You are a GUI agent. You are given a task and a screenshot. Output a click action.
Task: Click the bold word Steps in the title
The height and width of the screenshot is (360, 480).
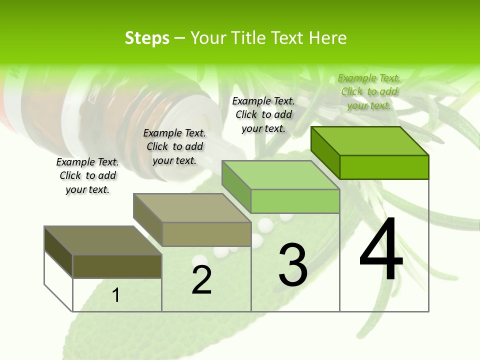point(147,38)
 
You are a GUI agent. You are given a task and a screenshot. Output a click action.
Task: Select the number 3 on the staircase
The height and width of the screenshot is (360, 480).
point(293,265)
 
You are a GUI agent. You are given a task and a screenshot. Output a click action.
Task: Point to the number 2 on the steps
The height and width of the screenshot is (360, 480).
point(201,280)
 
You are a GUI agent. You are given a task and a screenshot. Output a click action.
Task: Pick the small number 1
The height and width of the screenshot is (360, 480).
point(116,295)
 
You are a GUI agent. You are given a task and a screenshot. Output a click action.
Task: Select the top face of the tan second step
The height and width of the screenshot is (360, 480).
point(192,208)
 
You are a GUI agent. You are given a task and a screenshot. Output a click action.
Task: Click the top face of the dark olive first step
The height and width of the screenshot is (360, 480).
point(103,240)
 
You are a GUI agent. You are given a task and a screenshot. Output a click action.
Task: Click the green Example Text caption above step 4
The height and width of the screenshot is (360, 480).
point(369,91)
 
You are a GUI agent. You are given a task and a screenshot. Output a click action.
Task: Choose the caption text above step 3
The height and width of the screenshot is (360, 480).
point(263,114)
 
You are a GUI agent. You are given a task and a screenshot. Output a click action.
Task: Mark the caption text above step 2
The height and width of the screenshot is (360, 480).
point(174,146)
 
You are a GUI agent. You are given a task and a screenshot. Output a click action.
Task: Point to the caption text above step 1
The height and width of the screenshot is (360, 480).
point(87,175)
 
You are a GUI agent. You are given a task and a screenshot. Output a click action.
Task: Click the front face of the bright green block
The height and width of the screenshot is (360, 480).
point(384,167)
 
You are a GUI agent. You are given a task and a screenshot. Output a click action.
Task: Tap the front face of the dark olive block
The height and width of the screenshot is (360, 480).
point(117,266)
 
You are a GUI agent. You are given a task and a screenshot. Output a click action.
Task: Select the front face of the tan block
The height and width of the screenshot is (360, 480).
point(206,234)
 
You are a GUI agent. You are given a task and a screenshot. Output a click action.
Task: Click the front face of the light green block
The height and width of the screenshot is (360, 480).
point(295,201)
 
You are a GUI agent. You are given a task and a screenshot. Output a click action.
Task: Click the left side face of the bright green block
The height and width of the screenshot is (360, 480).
point(325,152)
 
